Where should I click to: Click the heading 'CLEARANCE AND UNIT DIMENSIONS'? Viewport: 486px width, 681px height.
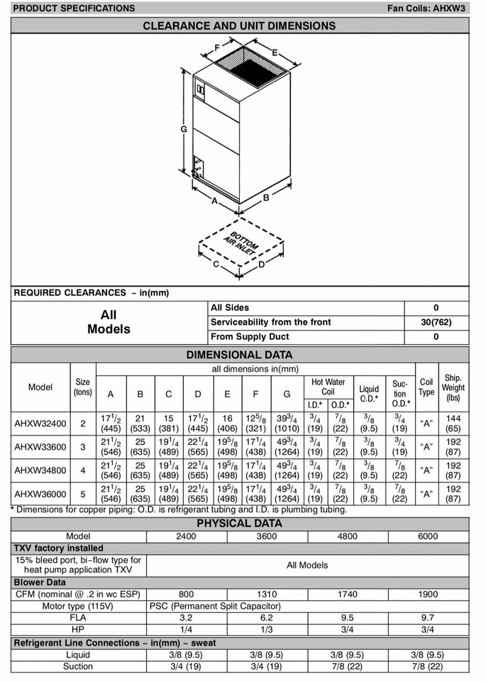pyautogui.click(x=239, y=26)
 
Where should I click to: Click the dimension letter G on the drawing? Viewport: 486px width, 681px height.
pyautogui.click(x=183, y=129)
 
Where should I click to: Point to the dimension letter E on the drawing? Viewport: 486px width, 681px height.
pyautogui.click(x=274, y=52)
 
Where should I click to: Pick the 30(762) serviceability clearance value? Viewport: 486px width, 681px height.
pyautogui.click(x=436, y=322)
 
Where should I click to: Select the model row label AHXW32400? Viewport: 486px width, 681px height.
pyautogui.click(x=40, y=423)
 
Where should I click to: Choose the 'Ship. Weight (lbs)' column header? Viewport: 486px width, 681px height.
pyautogui.click(x=453, y=388)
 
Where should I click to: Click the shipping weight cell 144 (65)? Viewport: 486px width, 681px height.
pyautogui.click(x=453, y=423)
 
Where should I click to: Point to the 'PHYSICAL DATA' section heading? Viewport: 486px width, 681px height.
pyautogui.click(x=239, y=524)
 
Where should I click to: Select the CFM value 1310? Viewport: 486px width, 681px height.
pyautogui.click(x=267, y=594)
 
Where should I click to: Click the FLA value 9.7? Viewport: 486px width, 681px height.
pyautogui.click(x=428, y=618)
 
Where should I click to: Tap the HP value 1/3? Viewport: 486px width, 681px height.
pyautogui.click(x=267, y=630)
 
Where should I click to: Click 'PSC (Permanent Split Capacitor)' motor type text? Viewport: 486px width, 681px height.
pyautogui.click(x=215, y=606)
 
